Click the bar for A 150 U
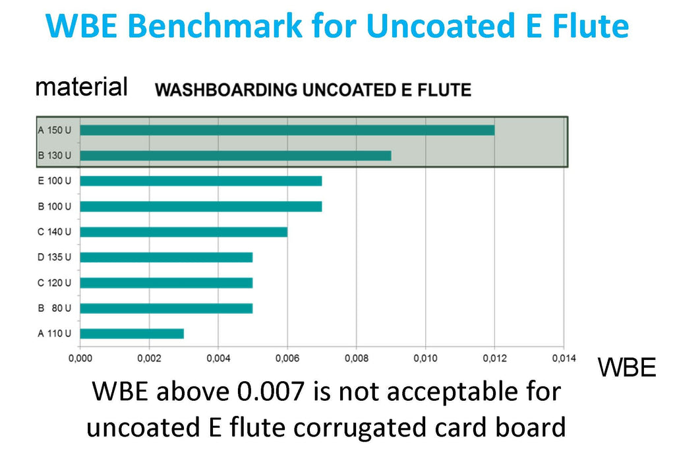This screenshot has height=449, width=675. tap(287, 130)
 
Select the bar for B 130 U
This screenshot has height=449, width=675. tap(235, 156)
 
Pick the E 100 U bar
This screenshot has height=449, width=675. tap(200, 181)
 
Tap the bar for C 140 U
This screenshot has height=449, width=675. tap(183, 231)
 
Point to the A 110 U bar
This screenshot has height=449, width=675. tap(132, 334)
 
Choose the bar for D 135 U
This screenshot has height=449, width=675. tap(166, 257)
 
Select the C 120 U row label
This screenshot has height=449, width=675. tap(54, 283)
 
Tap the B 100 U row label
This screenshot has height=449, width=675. tap(54, 206)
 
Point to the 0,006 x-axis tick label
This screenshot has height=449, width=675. tap(287, 359)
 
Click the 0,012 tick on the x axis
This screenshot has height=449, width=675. tap(494, 359)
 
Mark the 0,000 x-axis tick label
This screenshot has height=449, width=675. tap(80, 359)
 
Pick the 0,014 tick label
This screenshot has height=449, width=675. tap(563, 359)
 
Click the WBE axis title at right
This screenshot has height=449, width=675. tap(626, 368)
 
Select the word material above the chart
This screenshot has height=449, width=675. tap(81, 86)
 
